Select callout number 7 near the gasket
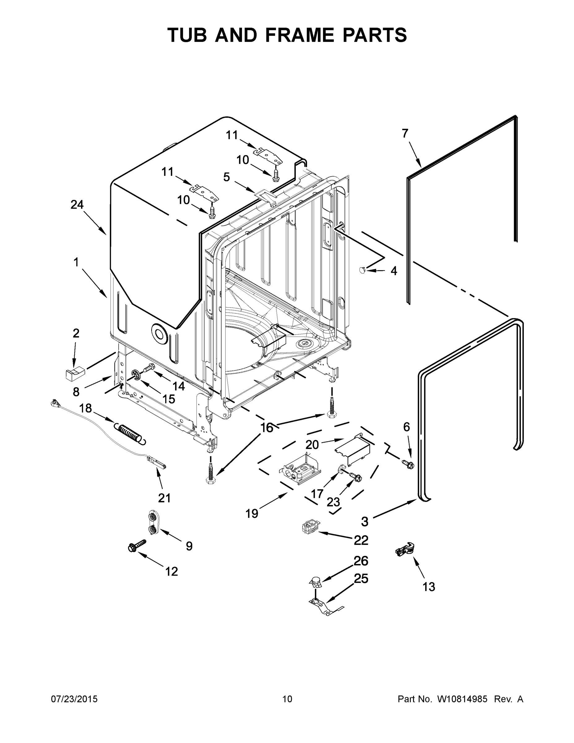tap(405, 134)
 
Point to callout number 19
tap(252, 513)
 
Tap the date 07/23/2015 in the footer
tap(74, 699)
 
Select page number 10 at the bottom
tap(287, 699)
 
